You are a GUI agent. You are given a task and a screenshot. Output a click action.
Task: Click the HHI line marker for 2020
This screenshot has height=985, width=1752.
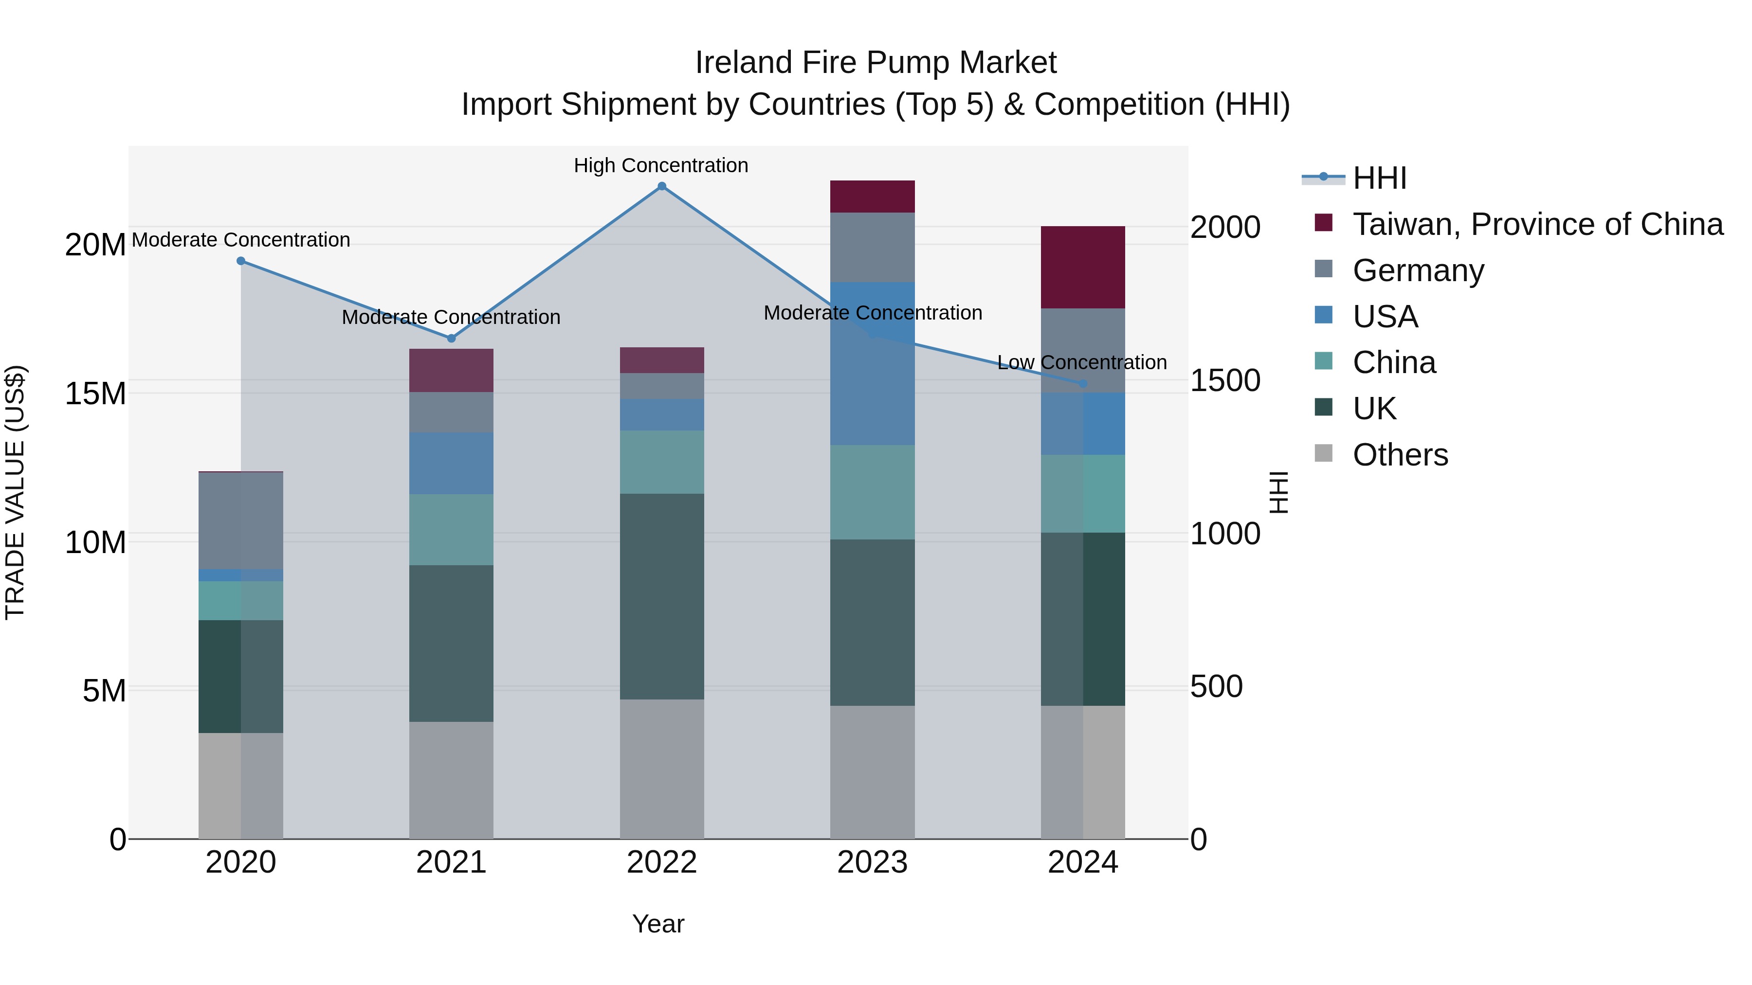click(241, 261)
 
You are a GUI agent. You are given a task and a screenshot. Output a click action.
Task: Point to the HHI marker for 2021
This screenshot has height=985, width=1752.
click(451, 339)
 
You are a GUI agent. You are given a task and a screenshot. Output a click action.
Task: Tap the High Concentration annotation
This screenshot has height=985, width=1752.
click(660, 165)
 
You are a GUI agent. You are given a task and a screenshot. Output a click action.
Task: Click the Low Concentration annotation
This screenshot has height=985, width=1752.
click(1081, 362)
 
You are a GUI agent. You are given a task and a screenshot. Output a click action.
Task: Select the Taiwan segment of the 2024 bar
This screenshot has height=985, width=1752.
click(1083, 267)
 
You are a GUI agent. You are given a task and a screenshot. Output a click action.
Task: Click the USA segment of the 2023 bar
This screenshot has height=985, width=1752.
click(872, 364)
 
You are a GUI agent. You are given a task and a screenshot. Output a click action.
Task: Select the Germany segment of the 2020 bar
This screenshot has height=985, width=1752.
click(241, 520)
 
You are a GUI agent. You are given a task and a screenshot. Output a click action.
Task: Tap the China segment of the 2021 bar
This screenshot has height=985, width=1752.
click(451, 530)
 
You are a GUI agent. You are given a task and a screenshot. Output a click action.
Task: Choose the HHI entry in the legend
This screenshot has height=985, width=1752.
click(1379, 178)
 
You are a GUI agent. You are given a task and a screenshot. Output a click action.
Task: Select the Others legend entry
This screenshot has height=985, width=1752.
click(1400, 455)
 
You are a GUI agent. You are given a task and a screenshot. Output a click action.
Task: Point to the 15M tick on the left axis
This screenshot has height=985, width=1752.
click(95, 394)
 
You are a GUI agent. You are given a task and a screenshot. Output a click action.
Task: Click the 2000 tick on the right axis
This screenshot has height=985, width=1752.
click(1225, 227)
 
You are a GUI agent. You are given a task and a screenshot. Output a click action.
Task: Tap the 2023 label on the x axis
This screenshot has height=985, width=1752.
click(872, 862)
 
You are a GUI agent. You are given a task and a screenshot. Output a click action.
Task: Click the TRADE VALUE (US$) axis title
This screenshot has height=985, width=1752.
click(15, 492)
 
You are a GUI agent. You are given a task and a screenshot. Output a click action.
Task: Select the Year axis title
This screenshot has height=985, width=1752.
click(657, 924)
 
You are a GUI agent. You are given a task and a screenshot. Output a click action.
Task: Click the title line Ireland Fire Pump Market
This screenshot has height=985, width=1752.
click(876, 63)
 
